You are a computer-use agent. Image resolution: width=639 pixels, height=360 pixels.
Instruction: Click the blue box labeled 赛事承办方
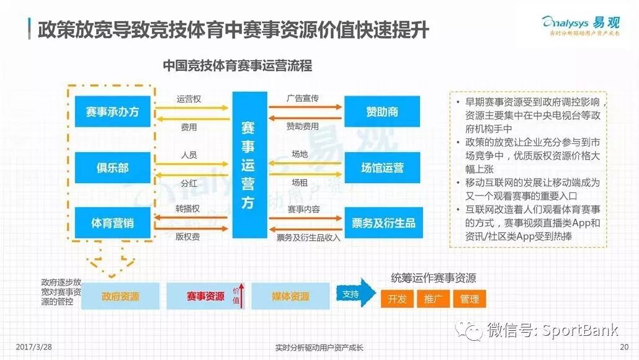[112, 112]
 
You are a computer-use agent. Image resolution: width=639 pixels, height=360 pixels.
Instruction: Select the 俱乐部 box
[112, 168]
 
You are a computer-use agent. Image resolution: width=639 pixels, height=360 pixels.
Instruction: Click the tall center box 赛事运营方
[248, 165]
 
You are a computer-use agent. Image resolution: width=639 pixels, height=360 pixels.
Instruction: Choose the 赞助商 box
[382, 112]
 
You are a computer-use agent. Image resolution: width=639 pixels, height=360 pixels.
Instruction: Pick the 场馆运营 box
[382, 168]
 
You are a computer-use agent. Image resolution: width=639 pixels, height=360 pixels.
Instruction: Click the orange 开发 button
[397, 299]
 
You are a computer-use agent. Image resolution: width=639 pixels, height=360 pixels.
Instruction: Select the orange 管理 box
[469, 299]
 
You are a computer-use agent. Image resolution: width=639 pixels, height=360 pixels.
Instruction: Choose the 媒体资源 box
[290, 297]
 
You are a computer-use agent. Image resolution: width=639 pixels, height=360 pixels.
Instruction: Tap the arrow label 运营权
[189, 99]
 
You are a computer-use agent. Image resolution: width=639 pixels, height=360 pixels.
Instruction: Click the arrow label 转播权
[189, 209]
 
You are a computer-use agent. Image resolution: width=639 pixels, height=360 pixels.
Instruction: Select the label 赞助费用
[302, 127]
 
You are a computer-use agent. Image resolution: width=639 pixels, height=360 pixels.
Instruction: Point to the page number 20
[624, 347]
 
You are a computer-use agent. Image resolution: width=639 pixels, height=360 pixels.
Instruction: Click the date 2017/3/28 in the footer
[34, 347]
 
